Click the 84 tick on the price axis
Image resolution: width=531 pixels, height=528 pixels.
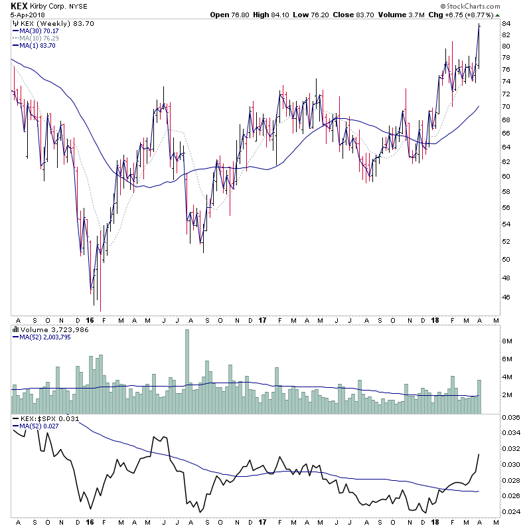tap(505, 24)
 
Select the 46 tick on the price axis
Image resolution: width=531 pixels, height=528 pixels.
tap(505, 298)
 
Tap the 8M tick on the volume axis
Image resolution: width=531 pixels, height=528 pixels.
tap(506, 341)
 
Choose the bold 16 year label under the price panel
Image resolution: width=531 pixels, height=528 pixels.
tap(90, 319)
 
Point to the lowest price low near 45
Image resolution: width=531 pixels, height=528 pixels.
tap(100, 310)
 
